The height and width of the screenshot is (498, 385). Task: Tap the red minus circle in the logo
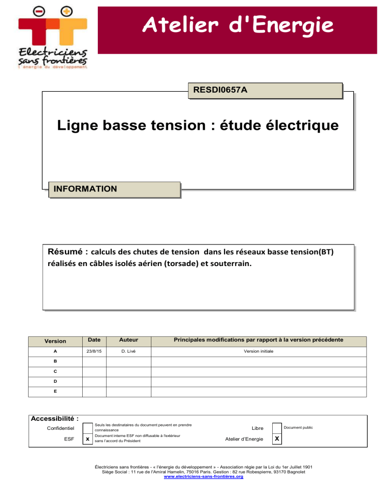click(37, 11)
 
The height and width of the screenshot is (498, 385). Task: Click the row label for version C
click(55, 371)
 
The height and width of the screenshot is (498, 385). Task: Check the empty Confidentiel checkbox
click(88, 428)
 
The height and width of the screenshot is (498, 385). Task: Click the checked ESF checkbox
click(88, 439)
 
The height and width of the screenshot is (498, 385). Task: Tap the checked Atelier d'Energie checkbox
click(277, 439)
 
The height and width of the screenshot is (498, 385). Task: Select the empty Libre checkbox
click(277, 428)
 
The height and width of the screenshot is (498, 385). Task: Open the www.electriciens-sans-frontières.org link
click(204, 477)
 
